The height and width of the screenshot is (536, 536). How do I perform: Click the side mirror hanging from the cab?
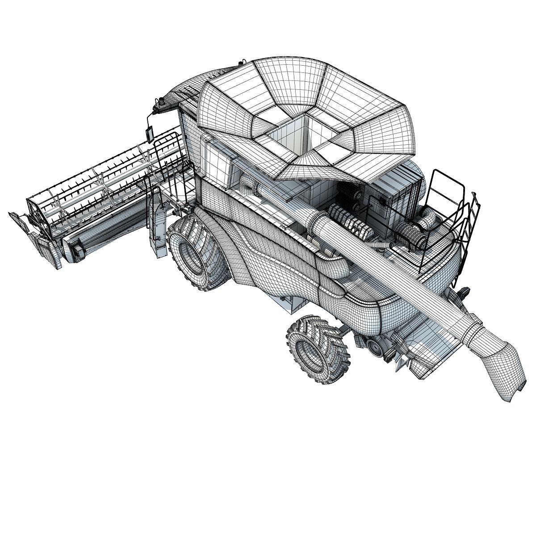[150, 132]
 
